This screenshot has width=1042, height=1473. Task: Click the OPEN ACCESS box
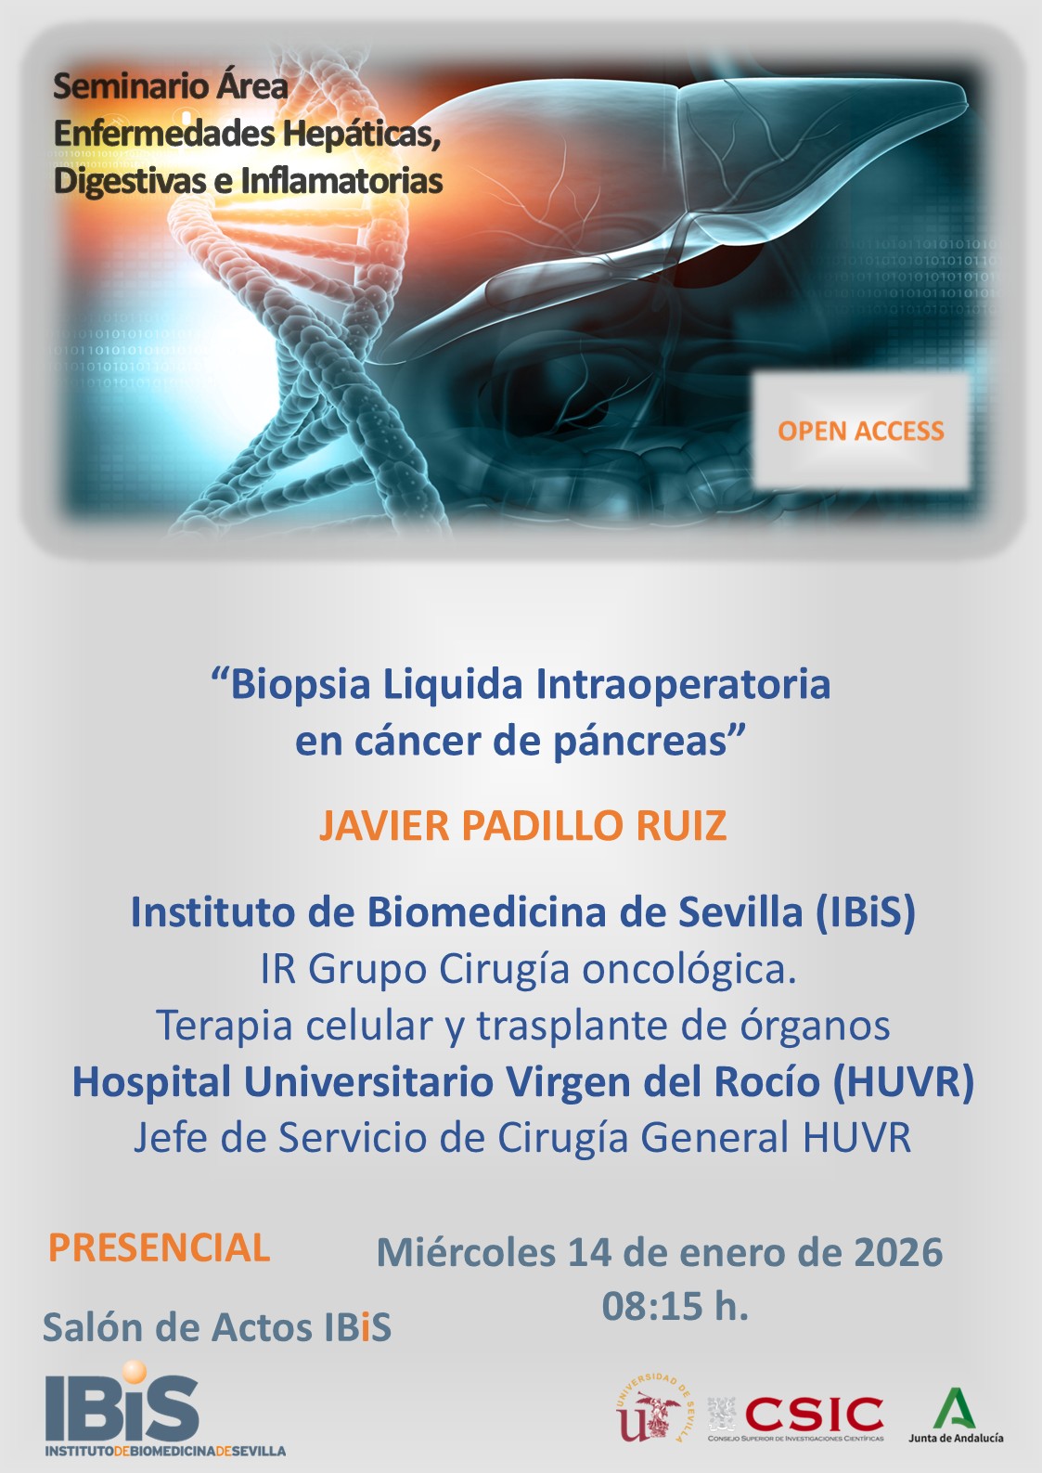pos(860,431)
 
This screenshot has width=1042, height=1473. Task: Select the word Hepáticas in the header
pos(360,134)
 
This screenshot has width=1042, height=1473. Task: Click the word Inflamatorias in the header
pos(341,180)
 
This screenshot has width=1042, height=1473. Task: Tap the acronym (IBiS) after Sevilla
pos(866,912)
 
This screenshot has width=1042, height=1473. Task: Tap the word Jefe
pos(168,1138)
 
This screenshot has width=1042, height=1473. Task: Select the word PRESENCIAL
pos(159,1248)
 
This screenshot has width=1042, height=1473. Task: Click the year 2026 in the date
pos(897,1252)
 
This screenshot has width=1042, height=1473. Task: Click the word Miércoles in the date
pos(465,1252)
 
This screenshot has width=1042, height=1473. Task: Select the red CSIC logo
pos(814,1415)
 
